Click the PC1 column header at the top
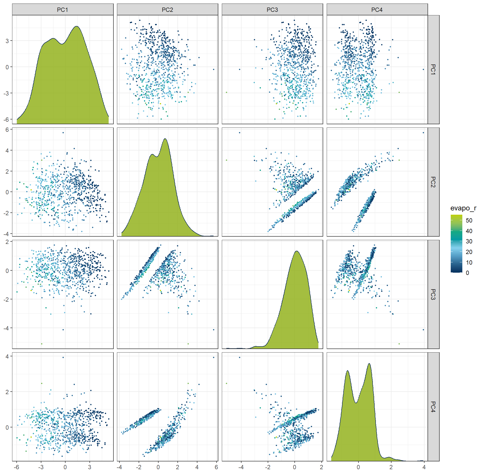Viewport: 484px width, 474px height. tap(63, 10)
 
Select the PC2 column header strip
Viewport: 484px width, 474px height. tap(167, 10)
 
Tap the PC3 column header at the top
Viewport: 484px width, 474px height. tap(272, 10)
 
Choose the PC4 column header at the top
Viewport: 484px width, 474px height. tap(377, 10)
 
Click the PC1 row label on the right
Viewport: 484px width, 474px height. tap(433, 70)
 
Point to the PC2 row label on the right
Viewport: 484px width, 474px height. tap(433, 182)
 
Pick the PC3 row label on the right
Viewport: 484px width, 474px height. tap(433, 294)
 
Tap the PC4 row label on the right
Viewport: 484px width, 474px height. tap(433, 407)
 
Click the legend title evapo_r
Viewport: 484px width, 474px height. tap(463, 208)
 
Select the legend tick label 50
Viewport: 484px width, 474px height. tap(469, 220)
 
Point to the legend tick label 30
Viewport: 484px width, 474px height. tap(469, 241)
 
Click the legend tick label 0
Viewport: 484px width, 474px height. tap(467, 273)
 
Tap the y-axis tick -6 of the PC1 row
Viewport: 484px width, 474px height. tap(6, 119)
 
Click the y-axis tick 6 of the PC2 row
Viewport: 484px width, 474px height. tap(7, 130)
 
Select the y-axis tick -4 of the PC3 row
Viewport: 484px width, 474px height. tap(6, 328)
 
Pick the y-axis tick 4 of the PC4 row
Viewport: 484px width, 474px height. tap(7, 356)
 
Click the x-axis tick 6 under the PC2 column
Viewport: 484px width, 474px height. tap(216, 467)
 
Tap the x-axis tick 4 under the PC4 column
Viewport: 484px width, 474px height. tap(424, 467)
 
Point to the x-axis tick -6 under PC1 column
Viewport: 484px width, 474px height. tap(16, 467)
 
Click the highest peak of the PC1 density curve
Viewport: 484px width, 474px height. tap(77, 26)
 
